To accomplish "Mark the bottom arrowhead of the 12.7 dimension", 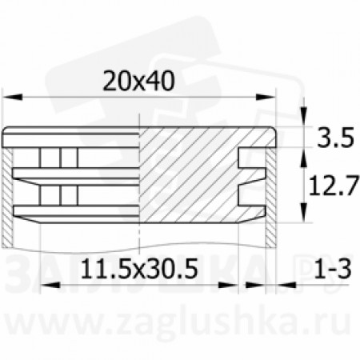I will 303,214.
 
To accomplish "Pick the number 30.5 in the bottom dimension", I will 180,267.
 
